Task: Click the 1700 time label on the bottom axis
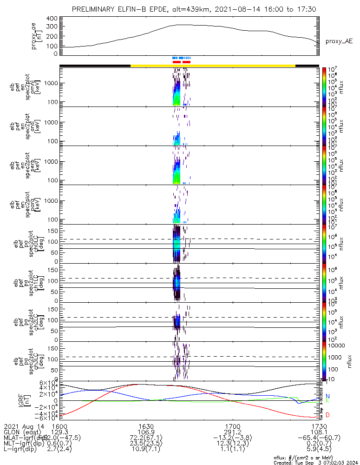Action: click(x=232, y=426)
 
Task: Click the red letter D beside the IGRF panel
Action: click(x=328, y=415)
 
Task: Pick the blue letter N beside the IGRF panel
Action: click(x=328, y=396)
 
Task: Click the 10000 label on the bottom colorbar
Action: click(x=335, y=345)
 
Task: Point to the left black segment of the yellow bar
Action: click(x=95, y=66)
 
